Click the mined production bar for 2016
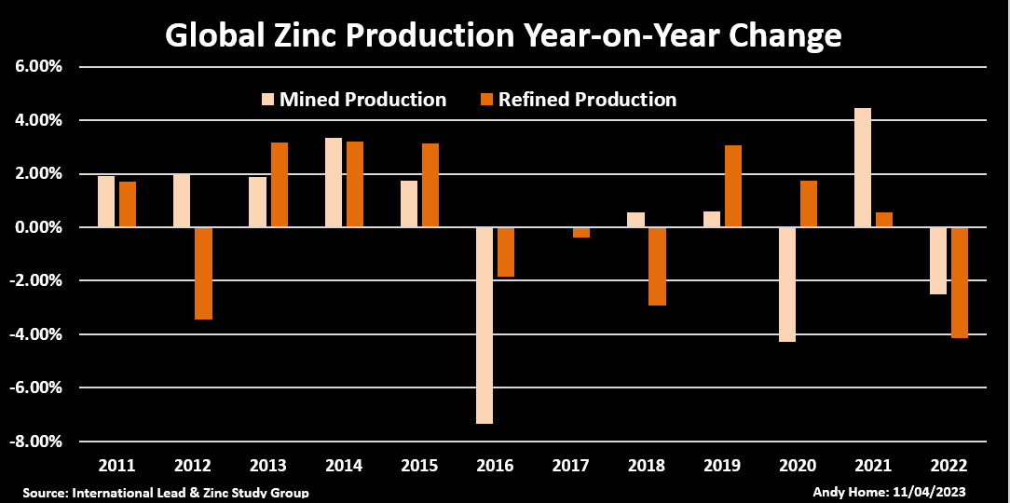[485, 325]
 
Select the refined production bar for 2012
[203, 273]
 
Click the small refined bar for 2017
[581, 233]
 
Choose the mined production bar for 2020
[787, 284]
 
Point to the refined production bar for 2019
[733, 186]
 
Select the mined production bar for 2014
[333, 183]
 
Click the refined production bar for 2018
[657, 266]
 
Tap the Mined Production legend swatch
[267, 100]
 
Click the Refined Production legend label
[587, 100]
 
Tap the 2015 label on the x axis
[420, 466]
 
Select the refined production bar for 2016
[505, 251]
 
